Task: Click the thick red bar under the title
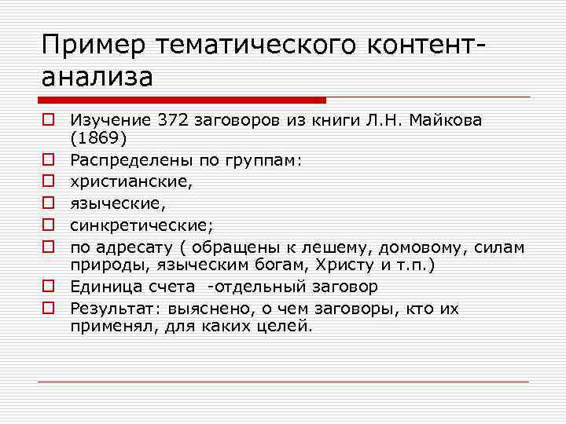[x=182, y=101]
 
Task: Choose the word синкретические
[x=140, y=225]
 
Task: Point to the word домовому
[x=400, y=247]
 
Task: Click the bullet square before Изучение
[x=48, y=120]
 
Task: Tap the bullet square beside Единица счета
[x=48, y=287]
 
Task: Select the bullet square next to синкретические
[x=48, y=226]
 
